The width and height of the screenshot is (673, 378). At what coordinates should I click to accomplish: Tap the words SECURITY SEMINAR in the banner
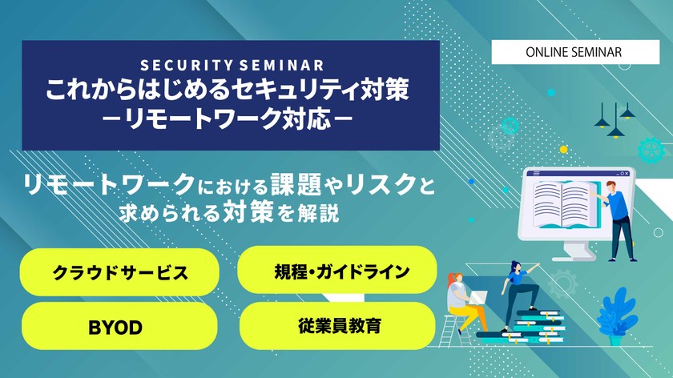(232, 65)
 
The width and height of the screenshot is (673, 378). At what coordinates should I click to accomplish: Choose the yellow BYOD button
(120, 327)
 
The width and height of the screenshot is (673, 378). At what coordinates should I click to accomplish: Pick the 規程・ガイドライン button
(337, 271)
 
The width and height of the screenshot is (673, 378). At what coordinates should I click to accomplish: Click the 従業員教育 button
(337, 326)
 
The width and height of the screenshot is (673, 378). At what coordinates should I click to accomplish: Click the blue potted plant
(617, 316)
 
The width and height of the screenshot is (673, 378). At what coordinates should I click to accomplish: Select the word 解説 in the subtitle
(322, 213)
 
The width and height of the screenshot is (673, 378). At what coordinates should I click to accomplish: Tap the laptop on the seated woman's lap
(478, 298)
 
